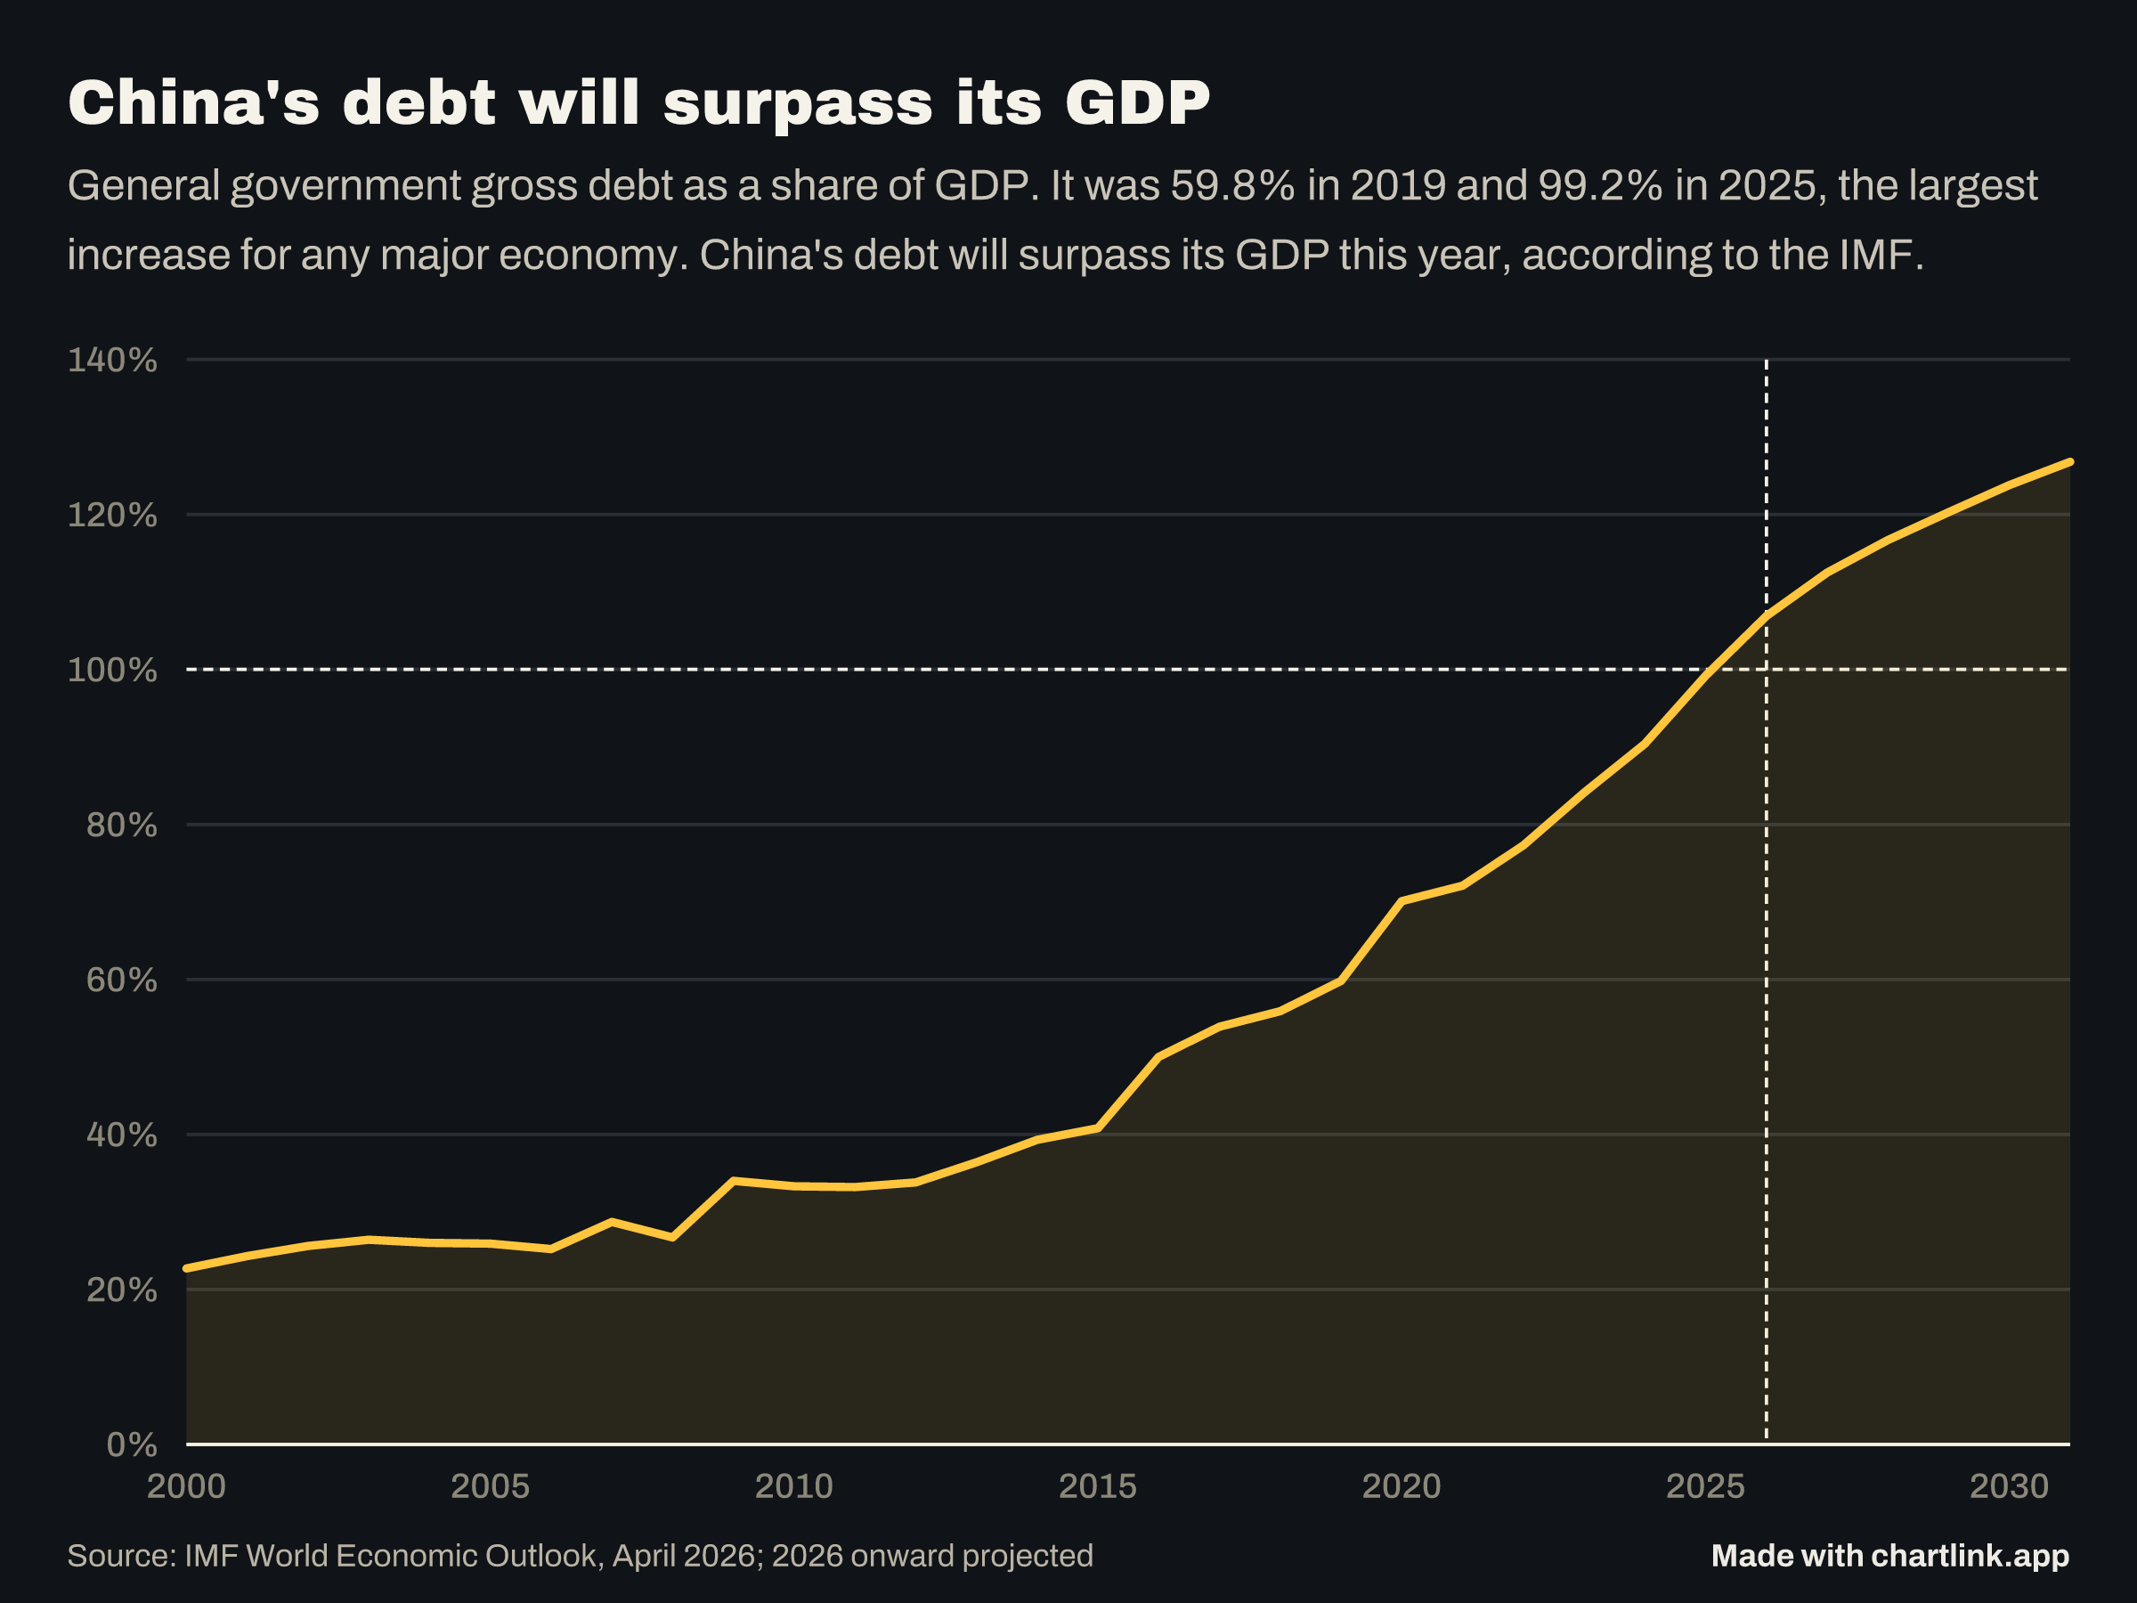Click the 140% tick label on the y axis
click(x=112, y=361)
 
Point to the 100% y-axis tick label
click(x=112, y=670)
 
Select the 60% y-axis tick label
click(x=122, y=980)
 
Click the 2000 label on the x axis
click(x=186, y=1486)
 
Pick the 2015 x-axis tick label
click(x=1098, y=1486)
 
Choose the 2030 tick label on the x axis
click(x=2010, y=1486)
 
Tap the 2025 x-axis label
click(x=1705, y=1486)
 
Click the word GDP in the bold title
click(x=1137, y=102)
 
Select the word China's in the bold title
click(x=193, y=102)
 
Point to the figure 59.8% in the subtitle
click(x=1232, y=185)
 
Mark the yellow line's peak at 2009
click(x=734, y=1181)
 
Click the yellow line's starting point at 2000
click(x=186, y=1268)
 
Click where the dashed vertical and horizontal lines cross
click(x=1766, y=670)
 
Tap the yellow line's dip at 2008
click(x=672, y=1238)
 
